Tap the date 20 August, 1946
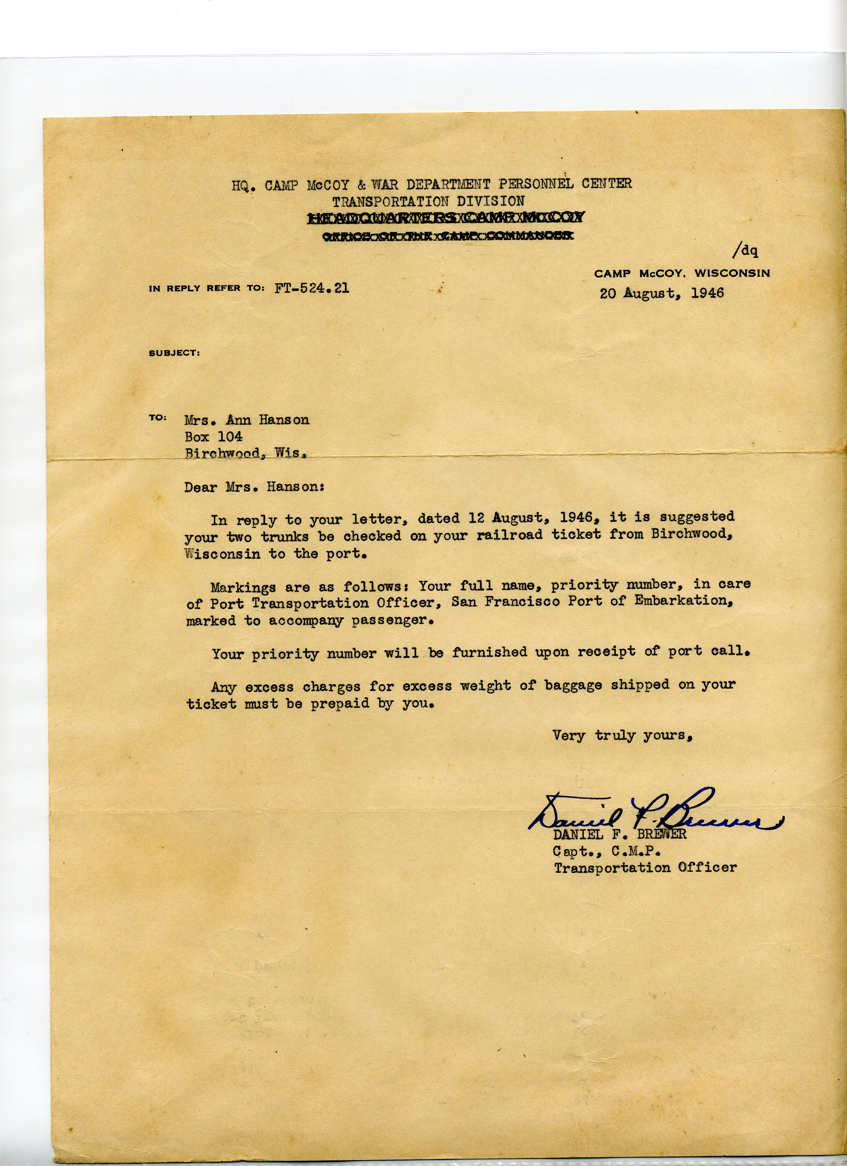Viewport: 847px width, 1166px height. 661,293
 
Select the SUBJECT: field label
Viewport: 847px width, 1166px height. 174,353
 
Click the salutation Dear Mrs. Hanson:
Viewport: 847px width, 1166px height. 253,486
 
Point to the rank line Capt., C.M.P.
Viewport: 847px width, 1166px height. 607,851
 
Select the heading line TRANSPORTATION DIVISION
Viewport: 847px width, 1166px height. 428,201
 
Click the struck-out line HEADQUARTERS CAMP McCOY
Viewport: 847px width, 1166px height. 446,219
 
